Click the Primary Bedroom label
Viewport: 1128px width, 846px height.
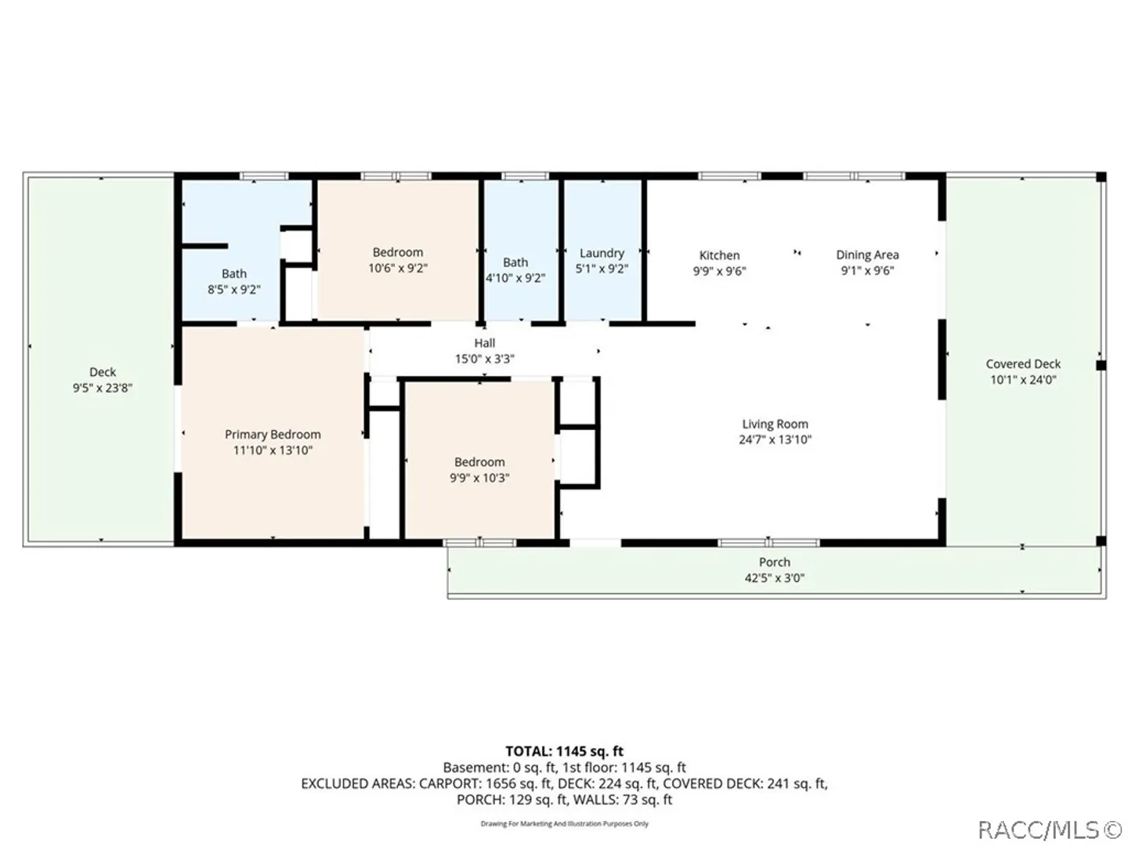pos(273,435)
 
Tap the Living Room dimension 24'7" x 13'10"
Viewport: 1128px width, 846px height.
pos(775,439)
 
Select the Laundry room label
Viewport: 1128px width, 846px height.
pos(602,253)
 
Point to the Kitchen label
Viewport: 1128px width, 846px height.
pos(719,255)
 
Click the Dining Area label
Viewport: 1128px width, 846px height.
pos(867,255)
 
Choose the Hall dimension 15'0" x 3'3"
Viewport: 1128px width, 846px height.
pos(485,359)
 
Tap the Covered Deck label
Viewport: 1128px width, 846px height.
pos(1023,364)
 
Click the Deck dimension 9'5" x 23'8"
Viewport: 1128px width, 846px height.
pos(103,388)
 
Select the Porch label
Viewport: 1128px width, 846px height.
pos(775,562)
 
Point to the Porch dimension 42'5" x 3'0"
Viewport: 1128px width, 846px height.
pos(775,578)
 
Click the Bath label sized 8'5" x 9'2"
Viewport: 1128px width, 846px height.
pos(234,274)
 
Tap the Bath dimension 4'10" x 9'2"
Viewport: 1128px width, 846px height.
pos(515,278)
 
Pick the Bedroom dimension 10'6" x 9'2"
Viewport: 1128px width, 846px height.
pos(398,268)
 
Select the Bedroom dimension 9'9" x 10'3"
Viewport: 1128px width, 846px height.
pos(479,478)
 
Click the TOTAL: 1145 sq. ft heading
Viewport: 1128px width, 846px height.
pos(564,751)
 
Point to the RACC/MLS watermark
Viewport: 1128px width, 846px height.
pos(1050,830)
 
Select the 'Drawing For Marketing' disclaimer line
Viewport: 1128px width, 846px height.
pos(564,824)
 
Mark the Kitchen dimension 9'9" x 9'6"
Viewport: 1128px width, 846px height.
pos(719,271)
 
